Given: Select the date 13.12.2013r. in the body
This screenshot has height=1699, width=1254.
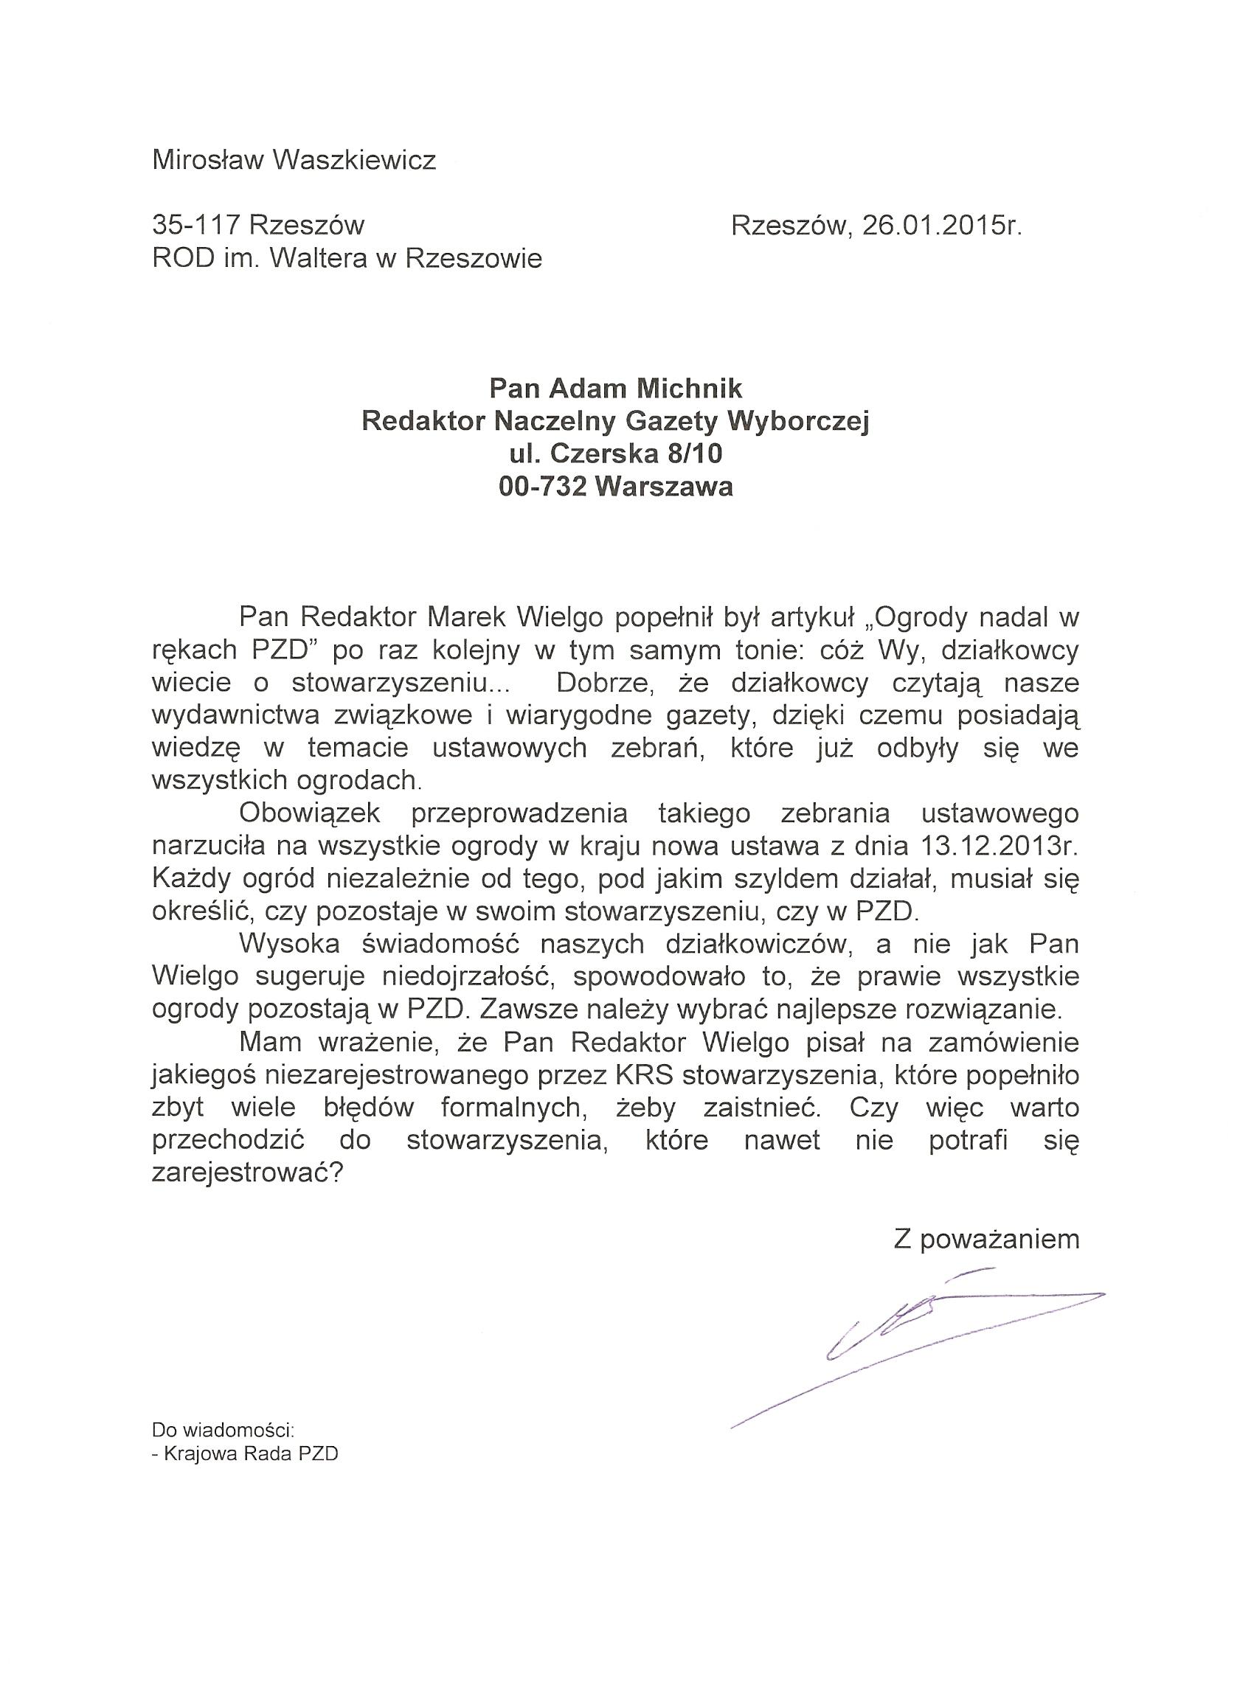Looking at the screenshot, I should [x=1000, y=844].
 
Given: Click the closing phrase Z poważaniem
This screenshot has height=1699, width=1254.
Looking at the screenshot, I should [x=986, y=1239].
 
